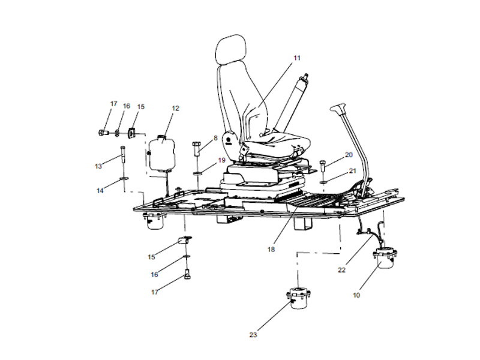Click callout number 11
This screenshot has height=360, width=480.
tap(296, 58)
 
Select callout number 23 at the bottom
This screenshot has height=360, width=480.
tap(253, 334)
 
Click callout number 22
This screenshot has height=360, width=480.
tap(341, 269)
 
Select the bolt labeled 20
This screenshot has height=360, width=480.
tap(323, 166)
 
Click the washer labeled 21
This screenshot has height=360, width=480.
tap(323, 181)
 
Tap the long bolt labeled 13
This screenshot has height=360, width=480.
tap(123, 157)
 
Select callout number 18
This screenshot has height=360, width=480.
tap(271, 249)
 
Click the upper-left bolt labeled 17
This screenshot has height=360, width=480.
tap(101, 131)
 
